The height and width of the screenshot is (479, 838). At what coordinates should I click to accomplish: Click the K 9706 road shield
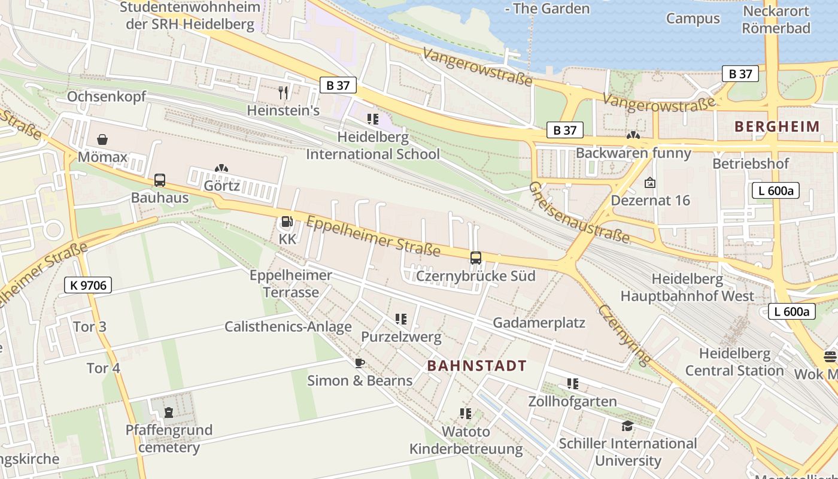point(88,286)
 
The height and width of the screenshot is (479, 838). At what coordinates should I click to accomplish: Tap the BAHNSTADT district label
point(477,366)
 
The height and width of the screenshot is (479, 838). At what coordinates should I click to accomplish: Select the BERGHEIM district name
point(776,126)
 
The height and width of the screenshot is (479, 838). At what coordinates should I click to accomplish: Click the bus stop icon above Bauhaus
point(160,180)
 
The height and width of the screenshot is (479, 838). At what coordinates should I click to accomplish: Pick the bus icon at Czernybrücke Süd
point(476,258)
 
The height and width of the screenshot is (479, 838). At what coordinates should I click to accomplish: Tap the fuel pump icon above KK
point(287,222)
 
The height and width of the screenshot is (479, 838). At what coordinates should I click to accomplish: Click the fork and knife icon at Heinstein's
point(283,92)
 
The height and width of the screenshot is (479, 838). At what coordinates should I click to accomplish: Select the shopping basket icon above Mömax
point(103,140)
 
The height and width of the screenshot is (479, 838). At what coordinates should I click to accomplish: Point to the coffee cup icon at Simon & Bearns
point(359,363)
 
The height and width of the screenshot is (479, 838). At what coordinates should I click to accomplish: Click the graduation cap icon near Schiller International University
point(627,426)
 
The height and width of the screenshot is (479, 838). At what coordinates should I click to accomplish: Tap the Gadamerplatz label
point(539,323)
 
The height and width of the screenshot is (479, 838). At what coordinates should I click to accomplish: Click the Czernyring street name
point(624,334)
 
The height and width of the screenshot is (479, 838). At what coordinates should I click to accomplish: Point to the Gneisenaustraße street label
point(579,213)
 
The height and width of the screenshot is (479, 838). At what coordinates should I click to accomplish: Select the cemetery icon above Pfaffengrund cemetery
point(169,412)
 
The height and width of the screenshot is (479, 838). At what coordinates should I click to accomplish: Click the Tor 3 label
point(90,326)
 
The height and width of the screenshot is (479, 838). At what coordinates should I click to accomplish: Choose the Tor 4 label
point(104,368)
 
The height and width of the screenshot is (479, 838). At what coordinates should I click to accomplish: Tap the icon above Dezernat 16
point(649,183)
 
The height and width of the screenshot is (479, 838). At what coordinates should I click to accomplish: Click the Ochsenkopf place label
point(106,96)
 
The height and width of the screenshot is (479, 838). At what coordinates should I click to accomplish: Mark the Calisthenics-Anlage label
point(288,326)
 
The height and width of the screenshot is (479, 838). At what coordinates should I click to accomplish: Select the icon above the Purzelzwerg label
point(401,319)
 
